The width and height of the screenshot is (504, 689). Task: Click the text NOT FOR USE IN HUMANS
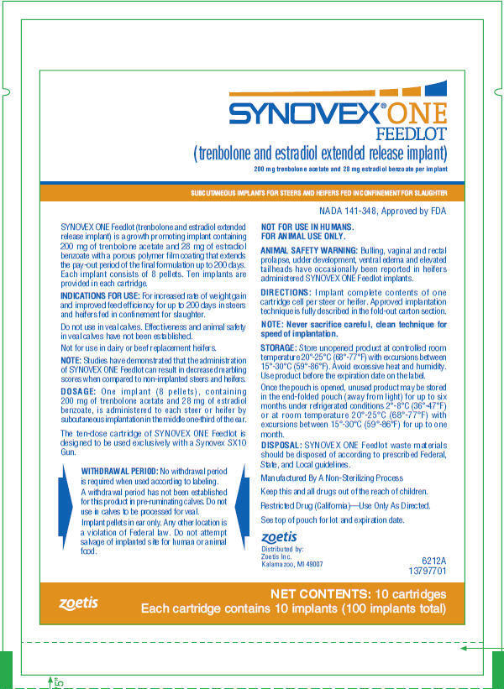(307, 227)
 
